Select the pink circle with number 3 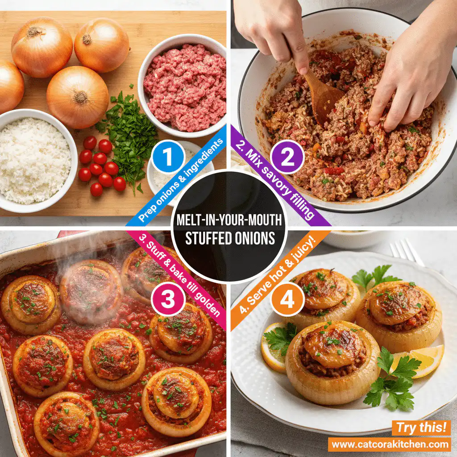[x=168, y=300]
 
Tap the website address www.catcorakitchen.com [x=390, y=444]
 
